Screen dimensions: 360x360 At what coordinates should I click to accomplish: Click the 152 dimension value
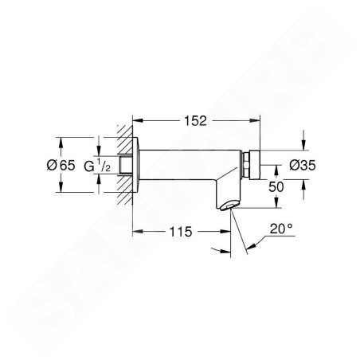tap(195, 121)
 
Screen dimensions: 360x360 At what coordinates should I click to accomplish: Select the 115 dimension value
tap(181, 232)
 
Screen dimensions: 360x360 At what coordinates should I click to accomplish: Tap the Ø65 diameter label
tap(61, 166)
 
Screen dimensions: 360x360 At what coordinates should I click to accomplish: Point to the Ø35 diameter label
tap(303, 166)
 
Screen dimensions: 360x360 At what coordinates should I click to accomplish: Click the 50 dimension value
tap(276, 187)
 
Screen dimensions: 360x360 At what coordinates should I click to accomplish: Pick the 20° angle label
tap(281, 229)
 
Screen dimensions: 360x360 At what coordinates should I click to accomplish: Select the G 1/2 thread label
tap(97, 166)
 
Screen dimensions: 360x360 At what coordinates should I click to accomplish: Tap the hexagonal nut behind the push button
tap(245, 165)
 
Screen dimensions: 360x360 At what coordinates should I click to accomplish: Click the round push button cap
tap(254, 165)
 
